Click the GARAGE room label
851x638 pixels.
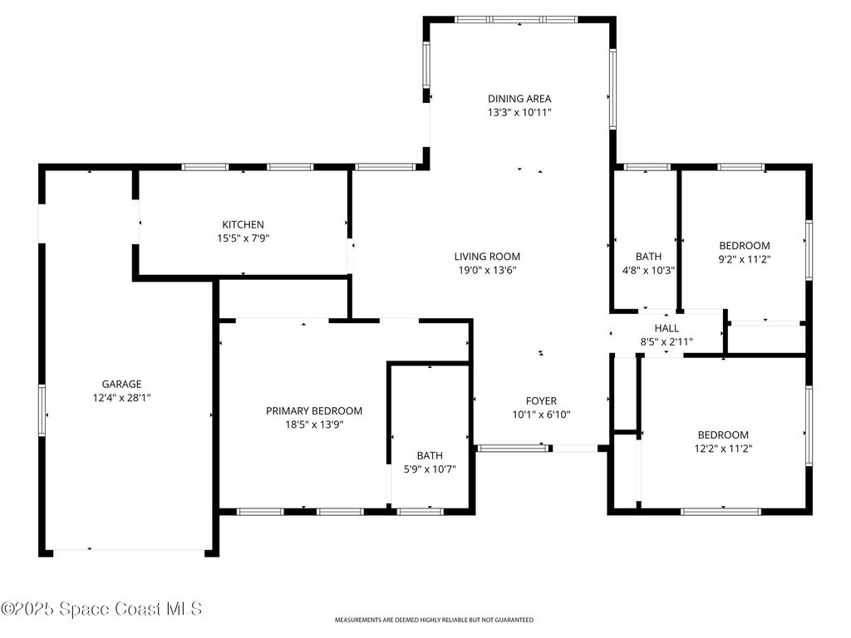121,384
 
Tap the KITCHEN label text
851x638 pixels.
243,224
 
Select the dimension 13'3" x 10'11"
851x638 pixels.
519,112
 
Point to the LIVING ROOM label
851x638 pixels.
487,257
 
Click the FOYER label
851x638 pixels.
541,401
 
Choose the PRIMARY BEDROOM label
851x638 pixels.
314,411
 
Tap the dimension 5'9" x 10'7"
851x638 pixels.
430,469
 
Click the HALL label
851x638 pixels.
667,328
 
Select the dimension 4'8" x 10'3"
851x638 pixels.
648,270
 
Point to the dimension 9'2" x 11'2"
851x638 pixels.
745,259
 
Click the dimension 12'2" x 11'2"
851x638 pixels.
724,449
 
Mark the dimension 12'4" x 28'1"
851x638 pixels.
121,398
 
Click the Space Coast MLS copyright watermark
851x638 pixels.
101,609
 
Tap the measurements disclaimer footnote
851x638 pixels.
434,620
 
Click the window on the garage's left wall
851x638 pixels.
42,410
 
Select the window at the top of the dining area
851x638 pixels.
516,20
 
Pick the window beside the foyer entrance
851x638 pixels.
513,448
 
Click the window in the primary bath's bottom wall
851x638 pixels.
421,511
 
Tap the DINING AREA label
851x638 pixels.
519,99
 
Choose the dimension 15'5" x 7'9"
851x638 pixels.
243,238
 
